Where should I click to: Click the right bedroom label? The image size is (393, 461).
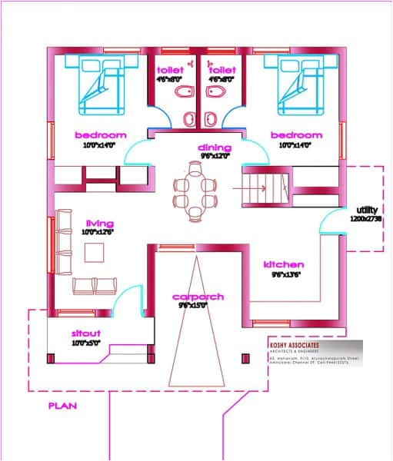point(296,134)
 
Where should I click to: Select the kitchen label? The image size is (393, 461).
point(285,264)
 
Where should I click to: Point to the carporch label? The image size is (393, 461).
point(197,297)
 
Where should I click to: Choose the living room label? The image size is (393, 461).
point(100,224)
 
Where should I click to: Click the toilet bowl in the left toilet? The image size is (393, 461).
point(182,95)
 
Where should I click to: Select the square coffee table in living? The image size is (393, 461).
point(95,252)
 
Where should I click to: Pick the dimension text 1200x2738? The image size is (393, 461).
point(366,220)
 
